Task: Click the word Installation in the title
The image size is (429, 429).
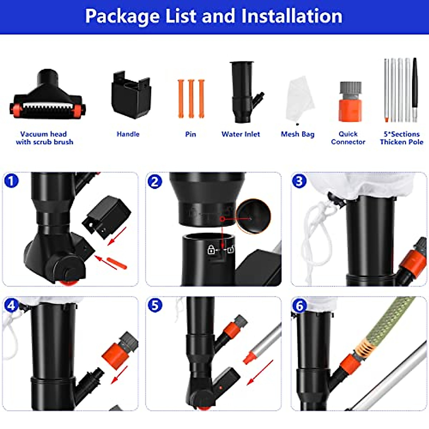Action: (291, 16)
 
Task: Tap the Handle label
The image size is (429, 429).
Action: (128, 134)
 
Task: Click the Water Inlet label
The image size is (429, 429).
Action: (241, 134)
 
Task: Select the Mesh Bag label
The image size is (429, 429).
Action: (297, 134)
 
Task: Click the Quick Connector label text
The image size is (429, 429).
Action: (348, 138)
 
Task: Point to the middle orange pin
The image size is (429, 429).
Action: (191, 99)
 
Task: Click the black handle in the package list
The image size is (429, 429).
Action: (130, 95)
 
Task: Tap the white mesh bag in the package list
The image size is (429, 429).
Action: (300, 98)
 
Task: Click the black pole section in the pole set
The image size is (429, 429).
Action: (415, 84)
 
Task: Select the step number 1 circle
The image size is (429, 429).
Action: (11, 181)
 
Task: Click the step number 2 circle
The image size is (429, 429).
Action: (154, 182)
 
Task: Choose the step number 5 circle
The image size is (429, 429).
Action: (155, 305)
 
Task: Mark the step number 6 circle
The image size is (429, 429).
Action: (299, 306)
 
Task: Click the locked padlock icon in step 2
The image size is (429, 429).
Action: (211, 250)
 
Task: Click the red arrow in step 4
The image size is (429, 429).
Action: (119, 375)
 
